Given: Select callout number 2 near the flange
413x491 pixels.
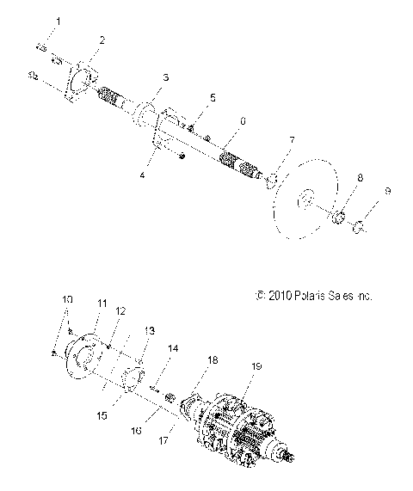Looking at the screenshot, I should (102, 40).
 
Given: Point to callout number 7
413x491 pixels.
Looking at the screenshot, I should (292, 139).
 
